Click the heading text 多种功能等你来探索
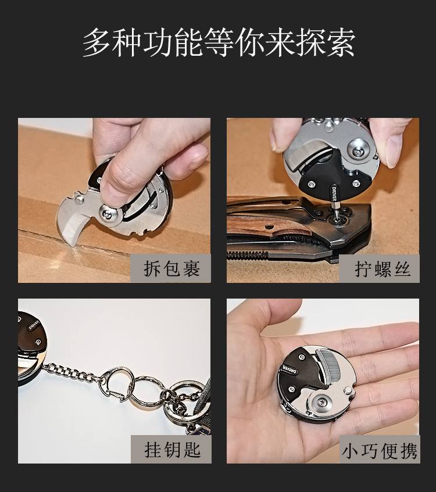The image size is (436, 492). [219, 42]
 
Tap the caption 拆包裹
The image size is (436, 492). [172, 268]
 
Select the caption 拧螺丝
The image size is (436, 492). [383, 269]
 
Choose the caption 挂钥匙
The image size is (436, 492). [173, 450]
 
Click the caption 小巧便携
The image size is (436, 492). [380, 451]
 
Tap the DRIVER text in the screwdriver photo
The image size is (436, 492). [334, 194]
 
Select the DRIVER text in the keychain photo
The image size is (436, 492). [34, 325]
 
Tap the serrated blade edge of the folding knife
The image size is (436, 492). [248, 254]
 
